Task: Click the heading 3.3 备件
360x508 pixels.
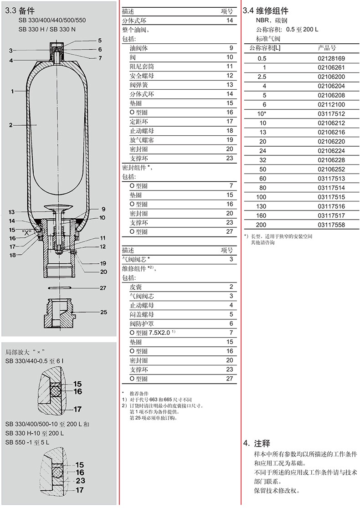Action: (20, 10)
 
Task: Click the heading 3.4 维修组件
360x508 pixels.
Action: (266, 10)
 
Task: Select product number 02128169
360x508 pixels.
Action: (331, 59)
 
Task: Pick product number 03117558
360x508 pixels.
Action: (331, 225)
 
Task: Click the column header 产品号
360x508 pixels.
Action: (327, 48)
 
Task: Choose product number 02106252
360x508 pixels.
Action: (331, 169)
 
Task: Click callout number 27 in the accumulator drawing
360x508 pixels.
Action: (103, 288)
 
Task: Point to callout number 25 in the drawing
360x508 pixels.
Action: (103, 312)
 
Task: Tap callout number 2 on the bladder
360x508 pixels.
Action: (10, 125)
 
